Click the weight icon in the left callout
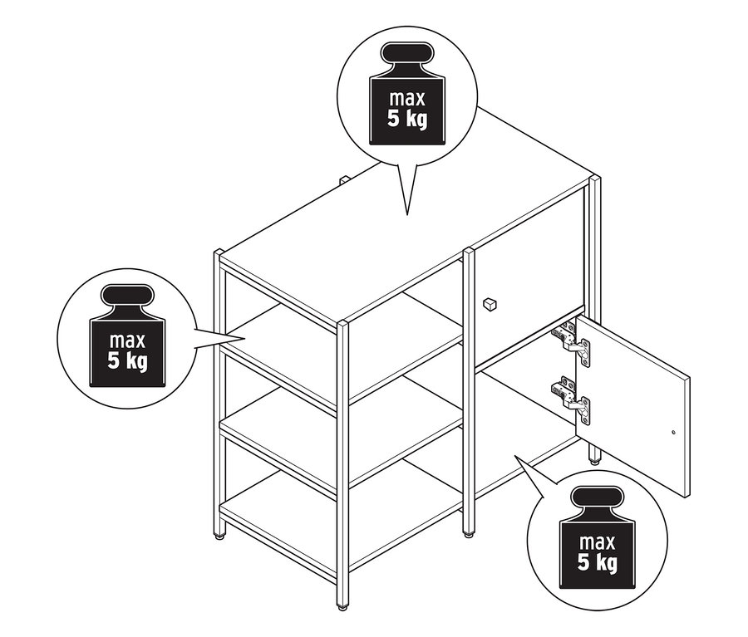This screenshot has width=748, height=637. click(127, 336)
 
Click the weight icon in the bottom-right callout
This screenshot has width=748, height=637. click(598, 537)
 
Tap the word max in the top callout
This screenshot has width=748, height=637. click(407, 98)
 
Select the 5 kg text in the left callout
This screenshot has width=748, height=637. click(127, 361)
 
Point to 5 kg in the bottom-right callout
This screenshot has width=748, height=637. click(598, 562)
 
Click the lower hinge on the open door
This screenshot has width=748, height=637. click(572, 398)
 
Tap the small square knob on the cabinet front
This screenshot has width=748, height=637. click(490, 304)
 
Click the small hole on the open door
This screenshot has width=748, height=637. click(673, 433)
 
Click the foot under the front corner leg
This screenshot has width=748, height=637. click(342, 607)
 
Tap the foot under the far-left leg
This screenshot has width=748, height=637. click(219, 537)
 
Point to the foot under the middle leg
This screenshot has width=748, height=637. click(469, 535)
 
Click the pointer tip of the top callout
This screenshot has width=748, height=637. click(407, 215)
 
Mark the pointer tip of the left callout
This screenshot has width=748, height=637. click(245, 339)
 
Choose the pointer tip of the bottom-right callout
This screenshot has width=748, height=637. click(514, 456)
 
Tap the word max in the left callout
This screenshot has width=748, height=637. click(127, 341)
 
